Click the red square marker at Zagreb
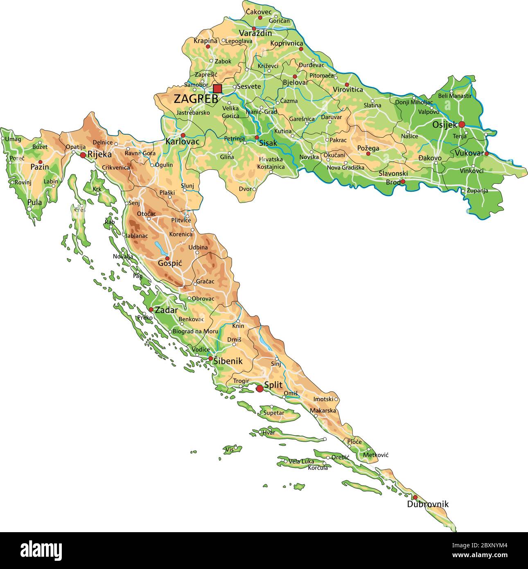point(217,89)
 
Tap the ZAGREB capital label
point(196,99)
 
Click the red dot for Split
point(259,388)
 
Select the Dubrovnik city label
point(427,504)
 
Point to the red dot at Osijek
point(462,124)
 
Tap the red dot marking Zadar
point(151,309)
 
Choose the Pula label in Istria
point(35,202)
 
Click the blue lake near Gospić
point(158,247)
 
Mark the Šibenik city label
point(228,361)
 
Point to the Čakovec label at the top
point(258,12)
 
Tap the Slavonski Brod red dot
point(403,181)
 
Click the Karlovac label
point(182,142)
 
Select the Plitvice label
point(181,220)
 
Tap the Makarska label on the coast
point(323,410)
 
